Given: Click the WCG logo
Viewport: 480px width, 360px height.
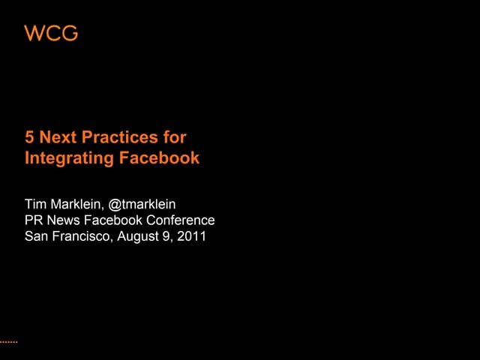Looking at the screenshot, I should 51,34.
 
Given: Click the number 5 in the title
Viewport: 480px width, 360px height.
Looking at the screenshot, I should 30,138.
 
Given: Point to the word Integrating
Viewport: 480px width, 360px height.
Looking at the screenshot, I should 69,159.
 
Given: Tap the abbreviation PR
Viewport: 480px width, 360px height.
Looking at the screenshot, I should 34,220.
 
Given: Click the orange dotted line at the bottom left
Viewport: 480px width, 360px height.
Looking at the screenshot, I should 8,341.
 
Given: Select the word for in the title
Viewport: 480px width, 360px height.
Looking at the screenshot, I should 174,138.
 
